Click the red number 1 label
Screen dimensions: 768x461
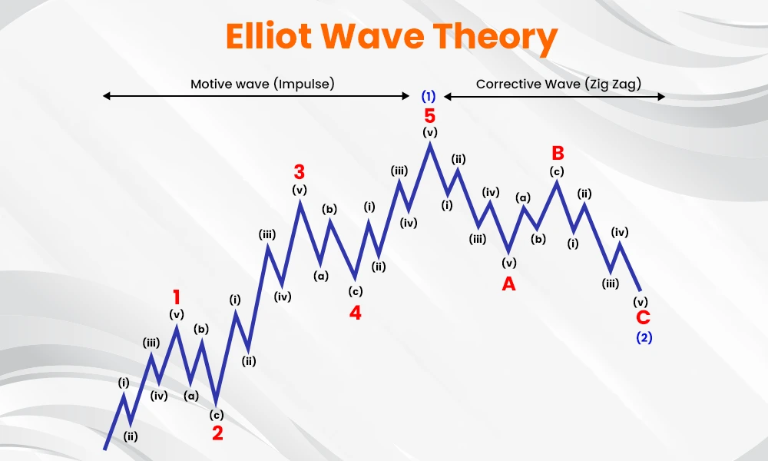[177, 297]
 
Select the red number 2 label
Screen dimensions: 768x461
[217, 433]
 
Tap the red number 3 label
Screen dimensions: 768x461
[300, 172]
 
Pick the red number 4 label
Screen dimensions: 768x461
[355, 313]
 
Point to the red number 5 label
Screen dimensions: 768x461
[429, 116]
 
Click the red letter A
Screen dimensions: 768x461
[509, 284]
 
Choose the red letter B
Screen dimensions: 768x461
[558, 153]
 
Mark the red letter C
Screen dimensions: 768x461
[643, 317]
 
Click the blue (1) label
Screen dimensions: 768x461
[429, 96]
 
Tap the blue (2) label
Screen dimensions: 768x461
[644, 337]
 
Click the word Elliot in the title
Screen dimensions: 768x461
[268, 36]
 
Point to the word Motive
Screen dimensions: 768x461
[211, 84]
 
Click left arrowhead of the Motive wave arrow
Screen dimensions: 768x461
[104, 96]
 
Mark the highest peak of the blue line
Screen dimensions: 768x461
[430, 143]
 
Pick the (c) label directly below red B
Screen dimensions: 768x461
[557, 171]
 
